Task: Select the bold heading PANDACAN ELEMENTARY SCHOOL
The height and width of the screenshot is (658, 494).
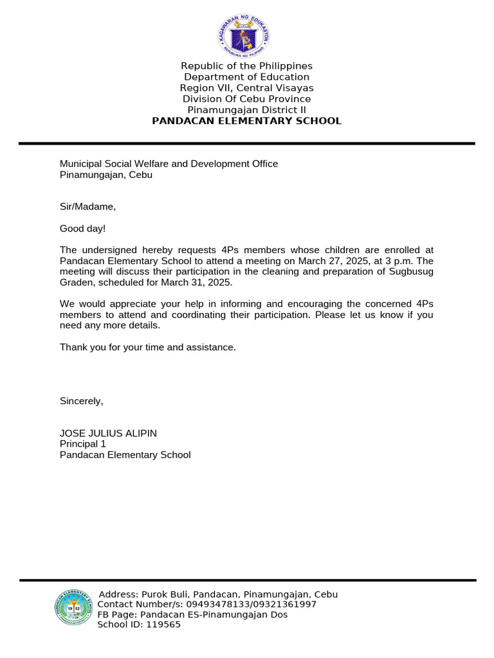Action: click(246, 121)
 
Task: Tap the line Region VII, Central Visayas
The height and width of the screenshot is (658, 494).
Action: click(246, 88)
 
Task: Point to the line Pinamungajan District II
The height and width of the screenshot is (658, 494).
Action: click(246, 110)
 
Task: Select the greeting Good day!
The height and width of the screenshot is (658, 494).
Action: click(83, 228)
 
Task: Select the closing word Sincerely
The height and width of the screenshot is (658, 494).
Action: click(81, 401)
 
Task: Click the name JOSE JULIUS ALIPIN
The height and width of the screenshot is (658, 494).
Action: click(108, 433)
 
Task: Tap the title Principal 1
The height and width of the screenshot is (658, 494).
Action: click(83, 444)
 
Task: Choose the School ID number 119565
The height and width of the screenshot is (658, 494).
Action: click(163, 625)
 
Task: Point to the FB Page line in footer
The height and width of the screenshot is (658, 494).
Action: click(192, 615)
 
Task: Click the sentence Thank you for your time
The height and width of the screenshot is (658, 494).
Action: click(148, 347)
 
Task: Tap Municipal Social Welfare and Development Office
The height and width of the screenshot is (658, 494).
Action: click(169, 164)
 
